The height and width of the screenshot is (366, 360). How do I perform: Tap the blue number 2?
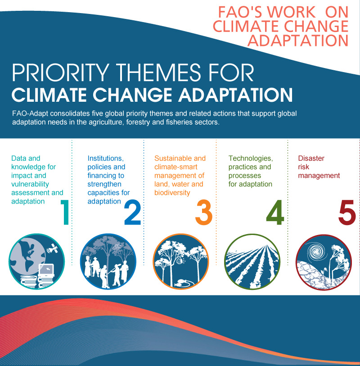click(x=132, y=212)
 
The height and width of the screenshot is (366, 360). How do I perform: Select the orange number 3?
click(x=204, y=212)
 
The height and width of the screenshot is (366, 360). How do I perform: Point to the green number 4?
click(x=275, y=212)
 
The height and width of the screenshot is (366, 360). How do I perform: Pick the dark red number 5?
click(x=347, y=212)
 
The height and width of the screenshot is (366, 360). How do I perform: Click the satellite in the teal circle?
click(x=53, y=249)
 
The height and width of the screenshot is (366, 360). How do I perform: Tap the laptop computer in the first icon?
click(x=47, y=271)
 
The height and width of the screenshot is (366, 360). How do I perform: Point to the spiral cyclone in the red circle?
click(x=317, y=251)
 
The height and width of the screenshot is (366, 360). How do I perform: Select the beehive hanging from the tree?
click(x=179, y=260)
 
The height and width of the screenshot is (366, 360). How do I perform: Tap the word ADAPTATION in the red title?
click(x=298, y=41)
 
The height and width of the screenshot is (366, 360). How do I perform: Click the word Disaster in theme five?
click(x=311, y=158)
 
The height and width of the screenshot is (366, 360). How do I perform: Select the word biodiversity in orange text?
click(x=172, y=193)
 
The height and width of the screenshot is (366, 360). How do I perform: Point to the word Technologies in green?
click(x=251, y=158)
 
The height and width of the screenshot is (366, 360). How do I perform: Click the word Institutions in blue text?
click(x=105, y=158)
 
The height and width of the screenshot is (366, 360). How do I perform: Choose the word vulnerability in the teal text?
click(x=30, y=184)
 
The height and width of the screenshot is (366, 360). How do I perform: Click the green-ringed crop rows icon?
click(x=252, y=262)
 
